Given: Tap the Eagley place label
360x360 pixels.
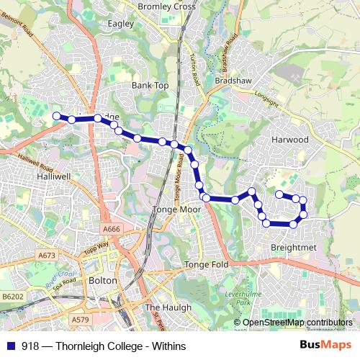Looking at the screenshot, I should (x=121, y=24).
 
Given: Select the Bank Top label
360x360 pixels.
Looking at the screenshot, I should (x=150, y=85).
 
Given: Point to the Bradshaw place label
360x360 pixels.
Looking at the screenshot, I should (x=233, y=81).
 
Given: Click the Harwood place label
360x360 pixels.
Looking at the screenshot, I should (x=291, y=139).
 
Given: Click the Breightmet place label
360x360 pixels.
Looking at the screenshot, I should (x=293, y=247).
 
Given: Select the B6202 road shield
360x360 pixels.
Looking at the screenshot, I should (x=12, y=295).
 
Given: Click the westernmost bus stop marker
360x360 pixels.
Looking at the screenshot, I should (x=56, y=115).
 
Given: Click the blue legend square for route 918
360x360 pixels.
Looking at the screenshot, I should (x=10, y=346).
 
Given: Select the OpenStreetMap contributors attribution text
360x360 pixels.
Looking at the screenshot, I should (x=298, y=323).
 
